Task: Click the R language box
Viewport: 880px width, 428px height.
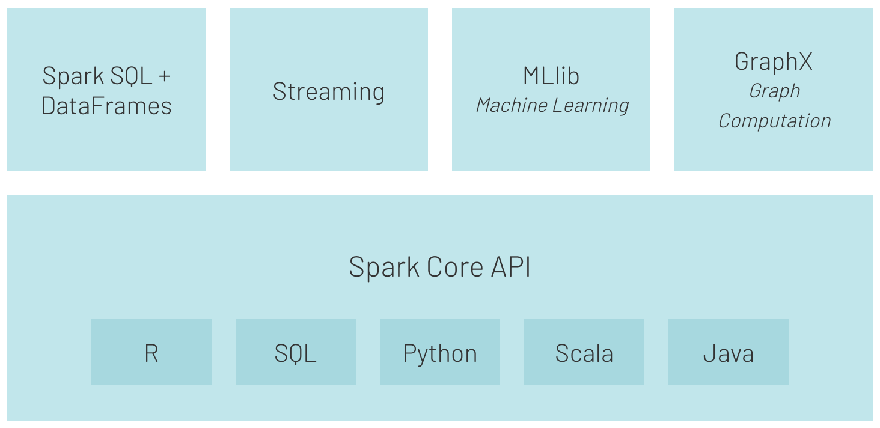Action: (x=151, y=352)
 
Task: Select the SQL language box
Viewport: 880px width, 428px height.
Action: (x=296, y=352)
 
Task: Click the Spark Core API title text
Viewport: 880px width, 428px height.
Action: (x=439, y=267)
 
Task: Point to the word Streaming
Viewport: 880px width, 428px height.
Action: (x=328, y=91)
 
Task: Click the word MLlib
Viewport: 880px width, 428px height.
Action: (x=551, y=76)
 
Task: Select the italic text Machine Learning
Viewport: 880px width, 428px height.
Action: (x=552, y=105)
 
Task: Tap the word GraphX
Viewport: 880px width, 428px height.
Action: (x=774, y=61)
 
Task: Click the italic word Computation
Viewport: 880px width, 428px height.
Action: (x=774, y=121)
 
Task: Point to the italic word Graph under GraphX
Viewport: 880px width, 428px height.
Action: (x=774, y=91)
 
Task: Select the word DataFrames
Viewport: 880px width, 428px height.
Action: (x=106, y=106)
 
